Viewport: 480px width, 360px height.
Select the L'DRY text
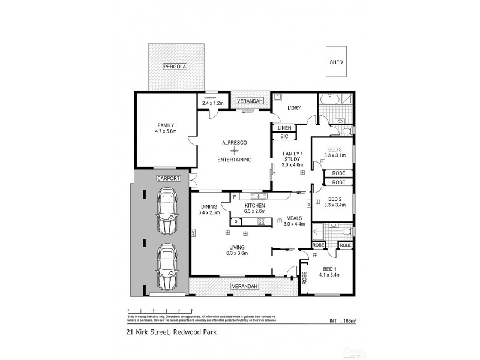(x=293, y=109)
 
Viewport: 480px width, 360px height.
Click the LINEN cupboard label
(x=284, y=127)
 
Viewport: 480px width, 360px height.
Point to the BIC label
(x=284, y=137)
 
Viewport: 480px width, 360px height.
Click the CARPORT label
(x=169, y=178)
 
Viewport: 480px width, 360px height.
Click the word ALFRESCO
(x=234, y=142)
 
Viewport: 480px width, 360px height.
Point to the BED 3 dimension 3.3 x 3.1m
(x=334, y=155)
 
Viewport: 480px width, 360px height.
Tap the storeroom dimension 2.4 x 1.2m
(x=213, y=103)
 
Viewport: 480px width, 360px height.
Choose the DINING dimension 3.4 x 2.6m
(x=209, y=212)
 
